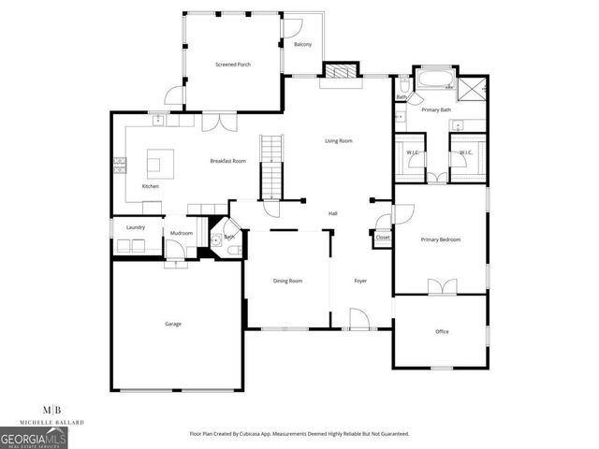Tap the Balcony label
(302, 45)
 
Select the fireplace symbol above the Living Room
(339, 71)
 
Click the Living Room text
(338, 140)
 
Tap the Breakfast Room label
(226, 161)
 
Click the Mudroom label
(181, 232)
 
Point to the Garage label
(173, 324)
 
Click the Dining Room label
(287, 281)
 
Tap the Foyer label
(359, 281)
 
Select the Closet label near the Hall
(382, 238)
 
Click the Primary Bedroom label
(440, 240)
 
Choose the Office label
(442, 331)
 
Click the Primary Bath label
(436, 110)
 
